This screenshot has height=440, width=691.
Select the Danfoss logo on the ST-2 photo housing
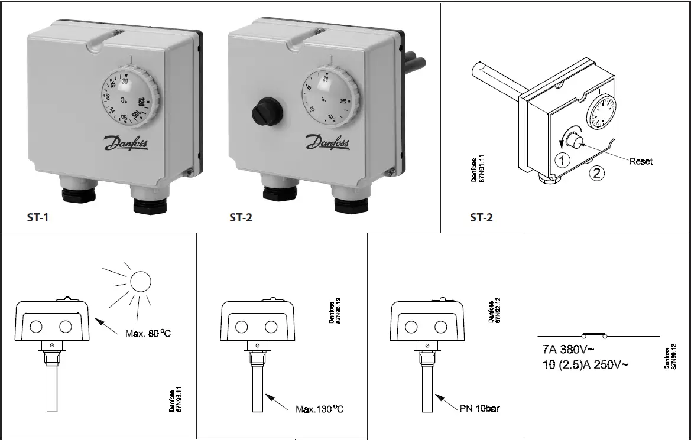click(x=326, y=142)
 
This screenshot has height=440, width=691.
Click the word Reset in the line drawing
click(x=641, y=161)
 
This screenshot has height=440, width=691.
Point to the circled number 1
click(x=563, y=159)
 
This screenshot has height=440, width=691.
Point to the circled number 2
click(x=598, y=173)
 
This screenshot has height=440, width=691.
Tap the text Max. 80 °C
click(x=149, y=334)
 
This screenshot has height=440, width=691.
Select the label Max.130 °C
click(x=320, y=409)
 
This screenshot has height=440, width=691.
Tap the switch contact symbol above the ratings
click(x=594, y=335)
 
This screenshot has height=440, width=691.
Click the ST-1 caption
click(x=38, y=218)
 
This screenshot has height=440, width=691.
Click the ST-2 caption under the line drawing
click(x=481, y=218)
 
